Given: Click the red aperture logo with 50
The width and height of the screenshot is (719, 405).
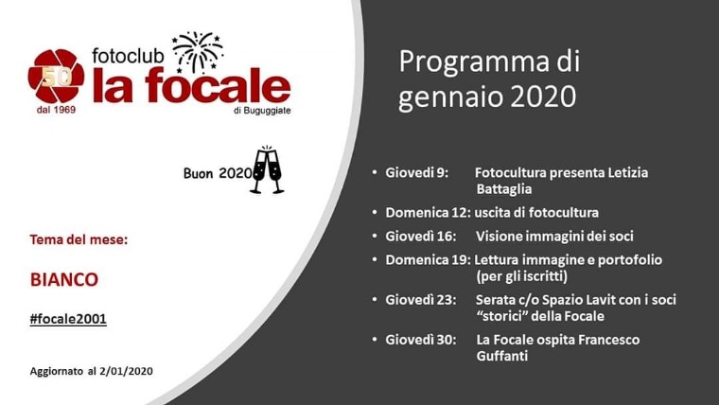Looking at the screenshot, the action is [x=56, y=76].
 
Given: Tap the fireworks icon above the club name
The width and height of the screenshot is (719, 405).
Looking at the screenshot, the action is [x=198, y=52].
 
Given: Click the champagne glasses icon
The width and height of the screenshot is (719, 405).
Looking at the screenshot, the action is [x=267, y=169].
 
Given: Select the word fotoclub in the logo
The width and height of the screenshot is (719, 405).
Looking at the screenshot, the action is [x=128, y=56].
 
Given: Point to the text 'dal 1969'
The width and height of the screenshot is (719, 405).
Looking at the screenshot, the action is [x=56, y=110].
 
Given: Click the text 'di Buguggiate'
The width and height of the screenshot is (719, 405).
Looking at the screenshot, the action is [x=262, y=111].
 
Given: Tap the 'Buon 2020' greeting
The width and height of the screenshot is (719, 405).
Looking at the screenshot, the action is [x=218, y=173].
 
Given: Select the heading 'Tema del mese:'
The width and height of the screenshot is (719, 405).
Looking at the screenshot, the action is [x=79, y=239].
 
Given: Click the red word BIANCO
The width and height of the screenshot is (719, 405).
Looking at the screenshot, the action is [x=64, y=279].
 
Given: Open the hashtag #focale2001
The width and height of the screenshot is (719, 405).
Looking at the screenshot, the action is [x=68, y=319].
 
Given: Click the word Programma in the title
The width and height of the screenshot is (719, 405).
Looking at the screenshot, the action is [x=474, y=62].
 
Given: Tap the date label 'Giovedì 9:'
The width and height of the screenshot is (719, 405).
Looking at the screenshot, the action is [x=417, y=173].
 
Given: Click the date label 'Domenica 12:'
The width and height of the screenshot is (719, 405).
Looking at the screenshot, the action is [x=428, y=213].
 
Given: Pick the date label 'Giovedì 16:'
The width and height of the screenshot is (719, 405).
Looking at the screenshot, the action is [x=421, y=237].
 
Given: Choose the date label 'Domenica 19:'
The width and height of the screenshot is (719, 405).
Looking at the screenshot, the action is [x=428, y=260].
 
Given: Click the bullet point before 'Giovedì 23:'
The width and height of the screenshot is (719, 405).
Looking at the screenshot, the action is [x=375, y=300].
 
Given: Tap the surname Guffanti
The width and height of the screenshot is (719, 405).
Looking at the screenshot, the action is [x=502, y=356].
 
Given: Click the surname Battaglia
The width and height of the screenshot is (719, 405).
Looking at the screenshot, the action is [x=504, y=189].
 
